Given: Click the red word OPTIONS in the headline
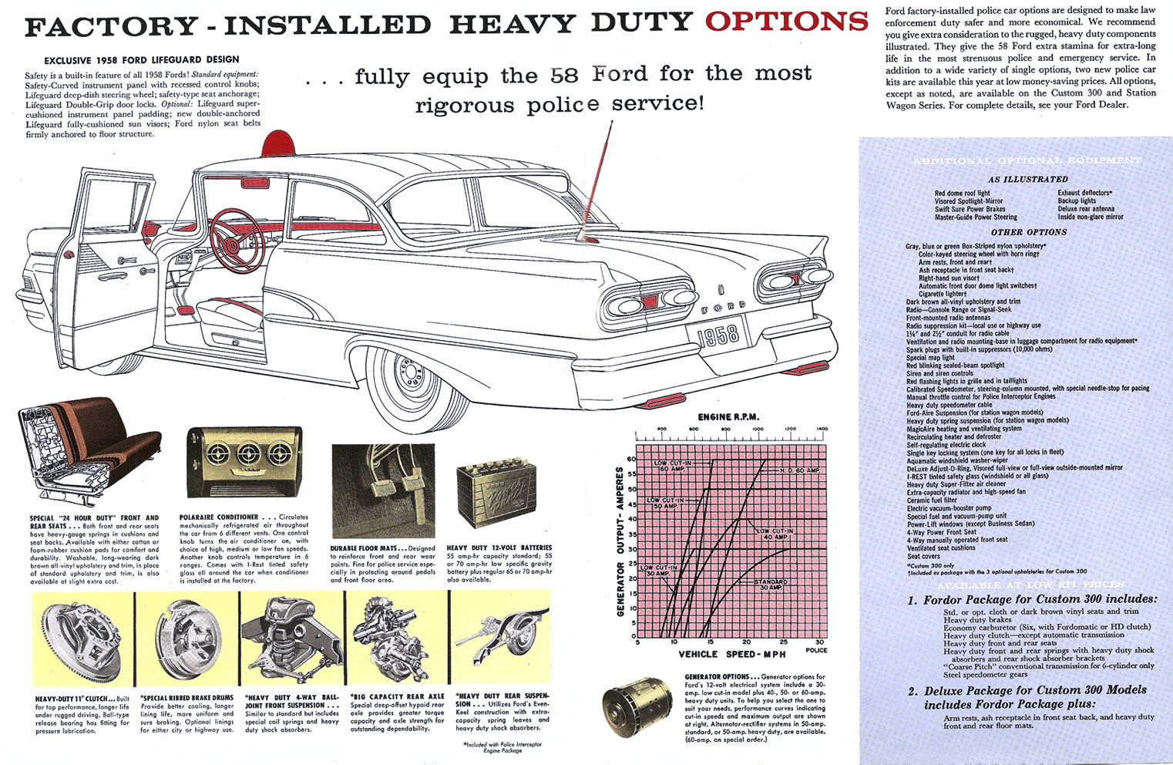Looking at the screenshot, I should (786, 21).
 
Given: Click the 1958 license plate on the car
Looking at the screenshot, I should (718, 335).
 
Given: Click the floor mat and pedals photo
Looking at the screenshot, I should (383, 490).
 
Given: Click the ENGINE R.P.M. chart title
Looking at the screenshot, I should (728, 417).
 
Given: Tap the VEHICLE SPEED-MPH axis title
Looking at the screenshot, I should (732, 654).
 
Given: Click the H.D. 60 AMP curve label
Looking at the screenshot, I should (799, 470).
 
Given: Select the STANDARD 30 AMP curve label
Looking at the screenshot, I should (771, 584).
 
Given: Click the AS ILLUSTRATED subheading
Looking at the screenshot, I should (1027, 179).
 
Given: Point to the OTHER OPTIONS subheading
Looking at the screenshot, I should (1028, 231).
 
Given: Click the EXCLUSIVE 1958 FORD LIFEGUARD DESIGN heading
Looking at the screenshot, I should (141, 59).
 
